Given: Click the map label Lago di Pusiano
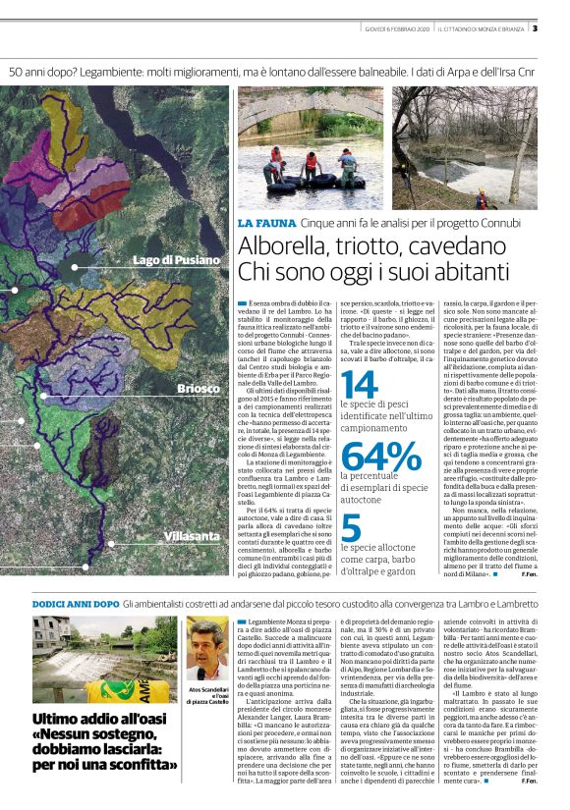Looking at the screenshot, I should [x=176, y=260].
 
